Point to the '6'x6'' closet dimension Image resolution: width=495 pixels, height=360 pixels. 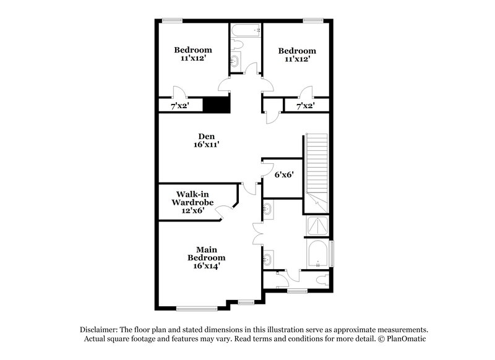pyautogui.click(x=283, y=175)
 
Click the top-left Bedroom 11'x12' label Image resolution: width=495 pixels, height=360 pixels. pyautogui.click(x=192, y=54)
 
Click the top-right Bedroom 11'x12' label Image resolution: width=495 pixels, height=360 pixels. pyautogui.click(x=297, y=55)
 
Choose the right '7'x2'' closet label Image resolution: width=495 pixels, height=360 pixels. pyautogui.click(x=305, y=106)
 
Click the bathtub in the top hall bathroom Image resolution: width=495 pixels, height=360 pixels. pyautogui.click(x=246, y=29)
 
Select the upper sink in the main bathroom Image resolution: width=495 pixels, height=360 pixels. pyautogui.click(x=268, y=210)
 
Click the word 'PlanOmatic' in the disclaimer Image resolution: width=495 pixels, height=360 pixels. pyautogui.click(x=406, y=339)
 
